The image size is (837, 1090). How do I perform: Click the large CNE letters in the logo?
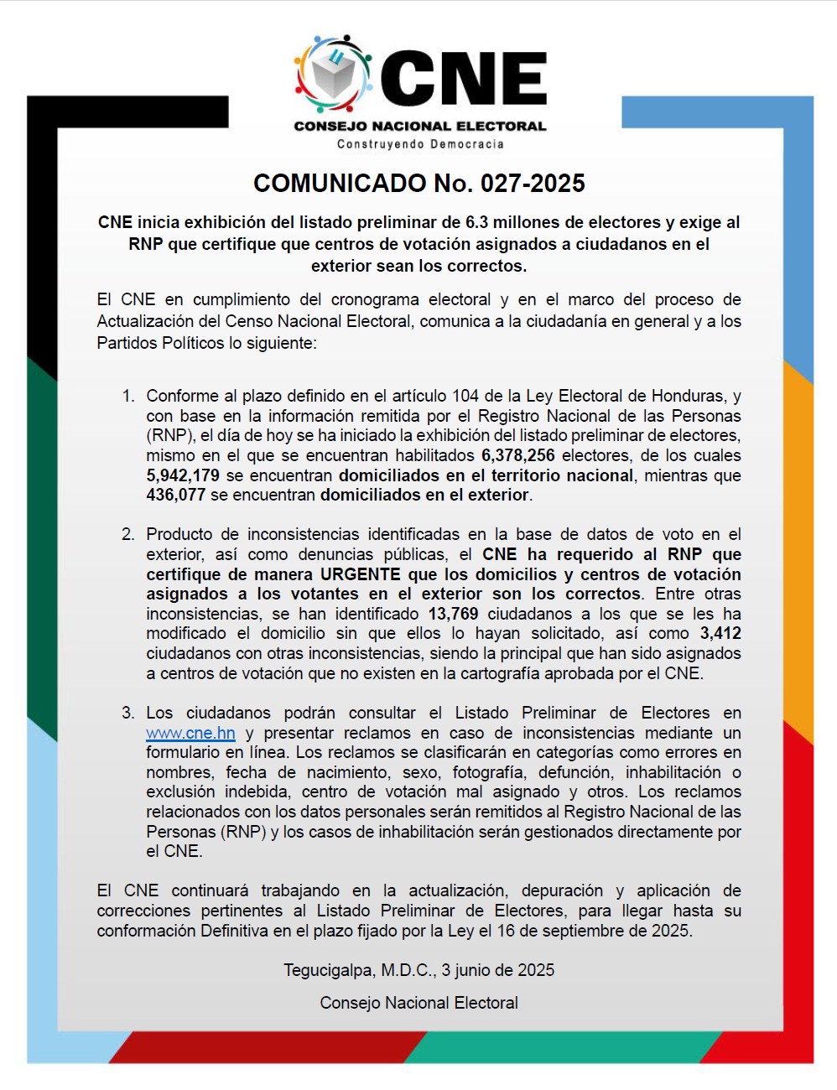[x=463, y=80]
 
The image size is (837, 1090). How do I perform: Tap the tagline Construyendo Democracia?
[x=420, y=144]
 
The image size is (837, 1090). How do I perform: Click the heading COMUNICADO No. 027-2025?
[x=418, y=184]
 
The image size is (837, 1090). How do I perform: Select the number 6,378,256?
[x=517, y=455]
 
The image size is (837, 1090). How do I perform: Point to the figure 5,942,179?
[x=183, y=475]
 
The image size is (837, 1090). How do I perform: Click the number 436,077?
[x=175, y=495]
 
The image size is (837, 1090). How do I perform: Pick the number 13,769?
[x=453, y=614]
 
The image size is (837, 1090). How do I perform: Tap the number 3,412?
[x=720, y=633]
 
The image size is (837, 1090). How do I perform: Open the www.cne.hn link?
[x=190, y=733]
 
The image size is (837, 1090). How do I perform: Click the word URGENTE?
[x=361, y=574]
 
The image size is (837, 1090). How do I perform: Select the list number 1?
[x=128, y=396]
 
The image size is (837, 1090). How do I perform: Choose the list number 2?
[x=128, y=534]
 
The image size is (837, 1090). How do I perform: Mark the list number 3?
[x=128, y=713]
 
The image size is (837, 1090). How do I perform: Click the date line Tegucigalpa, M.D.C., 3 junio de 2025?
[x=418, y=970]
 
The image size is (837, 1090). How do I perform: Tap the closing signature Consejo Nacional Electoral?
[x=418, y=1003]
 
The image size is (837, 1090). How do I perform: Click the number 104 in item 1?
[x=465, y=396]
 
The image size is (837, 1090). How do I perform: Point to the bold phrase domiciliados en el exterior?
[x=424, y=495]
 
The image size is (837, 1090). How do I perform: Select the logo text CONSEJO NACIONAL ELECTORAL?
[x=420, y=127]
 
